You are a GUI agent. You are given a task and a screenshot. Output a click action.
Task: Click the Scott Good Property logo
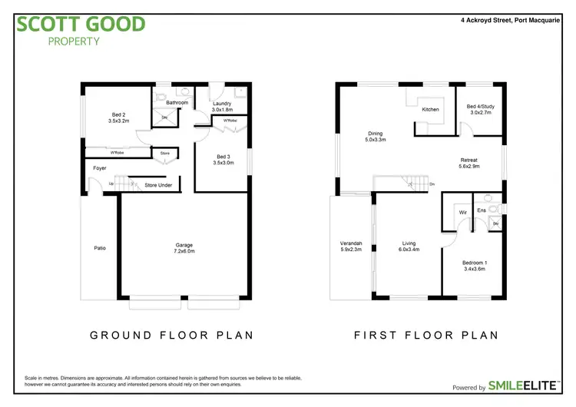pos(81,28)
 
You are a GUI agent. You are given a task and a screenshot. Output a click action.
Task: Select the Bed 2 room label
pos(118,117)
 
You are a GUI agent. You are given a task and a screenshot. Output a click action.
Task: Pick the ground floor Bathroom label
pos(177,102)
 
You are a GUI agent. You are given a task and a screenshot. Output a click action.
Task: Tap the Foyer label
pos(100,168)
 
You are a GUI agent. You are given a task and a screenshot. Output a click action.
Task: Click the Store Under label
pos(158,185)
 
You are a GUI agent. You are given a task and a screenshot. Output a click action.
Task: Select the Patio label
pos(100,248)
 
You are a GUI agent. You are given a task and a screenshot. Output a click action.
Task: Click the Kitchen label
pos(430,110)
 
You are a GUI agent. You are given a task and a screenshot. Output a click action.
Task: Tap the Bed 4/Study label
pos(481,109)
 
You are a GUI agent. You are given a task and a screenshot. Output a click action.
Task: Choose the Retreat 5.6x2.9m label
pos(469,164)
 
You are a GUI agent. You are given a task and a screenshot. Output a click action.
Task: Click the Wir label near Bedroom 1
pos(462,211)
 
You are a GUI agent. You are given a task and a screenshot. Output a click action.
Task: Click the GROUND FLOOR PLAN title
pos(171,336)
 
